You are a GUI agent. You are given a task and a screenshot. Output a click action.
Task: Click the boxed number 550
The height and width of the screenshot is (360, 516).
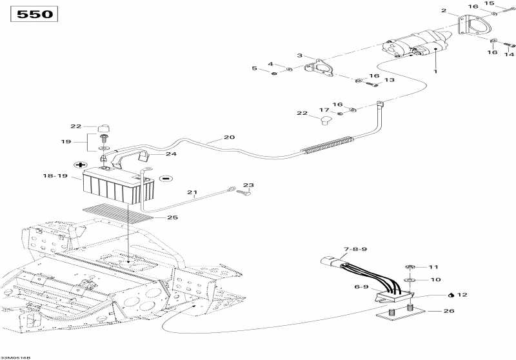34,14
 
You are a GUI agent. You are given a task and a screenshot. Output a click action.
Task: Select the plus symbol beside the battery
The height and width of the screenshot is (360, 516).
79,165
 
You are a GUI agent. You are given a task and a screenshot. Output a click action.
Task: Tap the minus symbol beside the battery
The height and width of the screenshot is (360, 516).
166,179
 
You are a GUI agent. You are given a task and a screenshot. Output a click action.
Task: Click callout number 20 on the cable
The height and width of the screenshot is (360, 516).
229,137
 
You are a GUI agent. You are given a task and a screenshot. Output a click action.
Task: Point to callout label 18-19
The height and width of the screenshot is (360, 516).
55,176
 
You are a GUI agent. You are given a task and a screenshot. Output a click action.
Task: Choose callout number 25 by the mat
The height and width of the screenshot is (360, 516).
172,217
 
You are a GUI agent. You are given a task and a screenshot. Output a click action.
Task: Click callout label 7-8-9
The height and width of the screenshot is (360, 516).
355,249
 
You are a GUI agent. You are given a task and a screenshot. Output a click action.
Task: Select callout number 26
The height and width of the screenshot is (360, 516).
449,311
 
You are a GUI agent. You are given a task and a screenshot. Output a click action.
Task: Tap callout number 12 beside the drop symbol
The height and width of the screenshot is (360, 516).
462,295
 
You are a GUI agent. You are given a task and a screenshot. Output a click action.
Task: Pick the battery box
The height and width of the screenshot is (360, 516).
119,186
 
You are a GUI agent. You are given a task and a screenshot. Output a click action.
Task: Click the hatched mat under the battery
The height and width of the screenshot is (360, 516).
117,214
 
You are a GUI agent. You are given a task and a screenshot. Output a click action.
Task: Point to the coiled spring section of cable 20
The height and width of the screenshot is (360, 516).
328,145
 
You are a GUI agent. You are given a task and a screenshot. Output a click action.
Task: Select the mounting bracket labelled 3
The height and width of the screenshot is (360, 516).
319,68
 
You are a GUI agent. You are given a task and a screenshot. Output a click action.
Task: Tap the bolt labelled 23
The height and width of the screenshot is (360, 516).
244,192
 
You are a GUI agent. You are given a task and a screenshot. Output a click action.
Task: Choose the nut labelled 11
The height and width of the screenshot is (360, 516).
410,266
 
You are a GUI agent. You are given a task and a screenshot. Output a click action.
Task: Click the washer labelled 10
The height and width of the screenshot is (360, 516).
410,280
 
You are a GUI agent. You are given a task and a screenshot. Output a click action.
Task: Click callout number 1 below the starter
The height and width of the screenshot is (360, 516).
435,72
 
